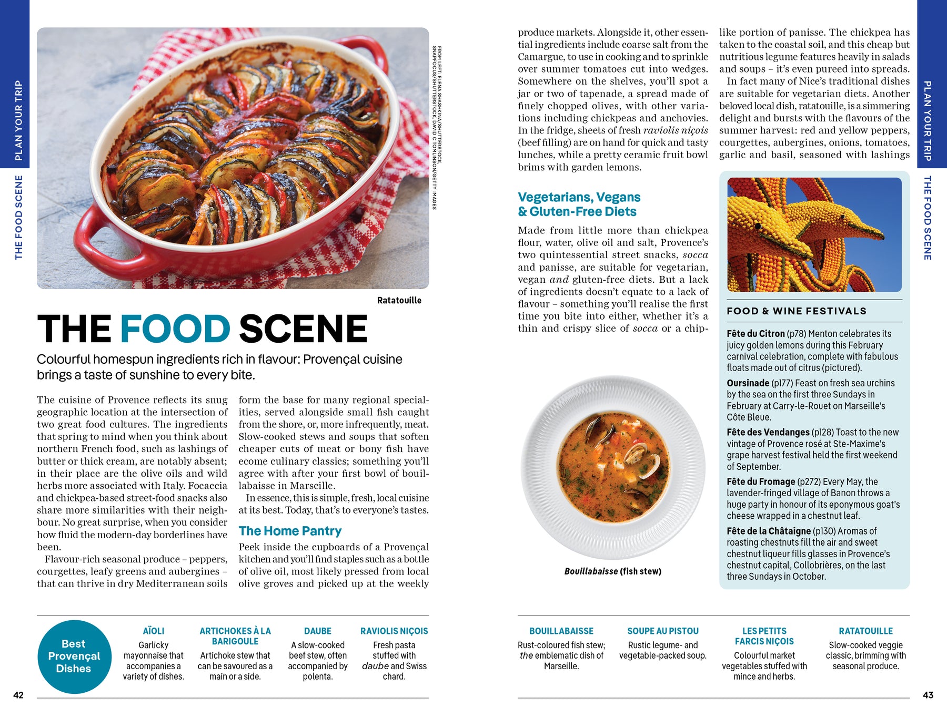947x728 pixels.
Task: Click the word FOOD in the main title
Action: pyautogui.click(x=175, y=329)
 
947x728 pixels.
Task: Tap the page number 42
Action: pyautogui.click(x=18, y=695)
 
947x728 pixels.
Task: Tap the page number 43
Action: pyautogui.click(x=928, y=695)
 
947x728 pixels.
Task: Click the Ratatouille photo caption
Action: pyautogui.click(x=399, y=301)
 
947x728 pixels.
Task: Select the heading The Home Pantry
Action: pyautogui.click(x=290, y=531)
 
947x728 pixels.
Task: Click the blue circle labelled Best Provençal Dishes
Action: pyautogui.click(x=74, y=657)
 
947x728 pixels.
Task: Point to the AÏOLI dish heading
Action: pyautogui.click(x=154, y=631)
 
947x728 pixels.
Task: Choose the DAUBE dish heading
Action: pyautogui.click(x=318, y=631)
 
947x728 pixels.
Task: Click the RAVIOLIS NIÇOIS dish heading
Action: pyautogui.click(x=394, y=631)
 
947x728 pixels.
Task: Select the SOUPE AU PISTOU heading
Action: pyautogui.click(x=663, y=631)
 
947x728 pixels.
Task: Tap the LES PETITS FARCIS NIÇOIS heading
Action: pyautogui.click(x=764, y=636)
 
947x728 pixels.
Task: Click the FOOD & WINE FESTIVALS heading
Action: pyautogui.click(x=797, y=311)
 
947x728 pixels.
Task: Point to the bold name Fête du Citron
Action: pyautogui.click(x=755, y=334)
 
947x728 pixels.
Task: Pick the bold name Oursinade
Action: pyautogui.click(x=748, y=383)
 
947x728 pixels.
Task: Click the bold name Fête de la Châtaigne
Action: pyautogui.click(x=769, y=531)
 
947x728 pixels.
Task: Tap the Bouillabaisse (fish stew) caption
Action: pyautogui.click(x=613, y=571)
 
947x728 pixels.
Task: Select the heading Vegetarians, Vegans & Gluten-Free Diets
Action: pyautogui.click(x=579, y=204)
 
